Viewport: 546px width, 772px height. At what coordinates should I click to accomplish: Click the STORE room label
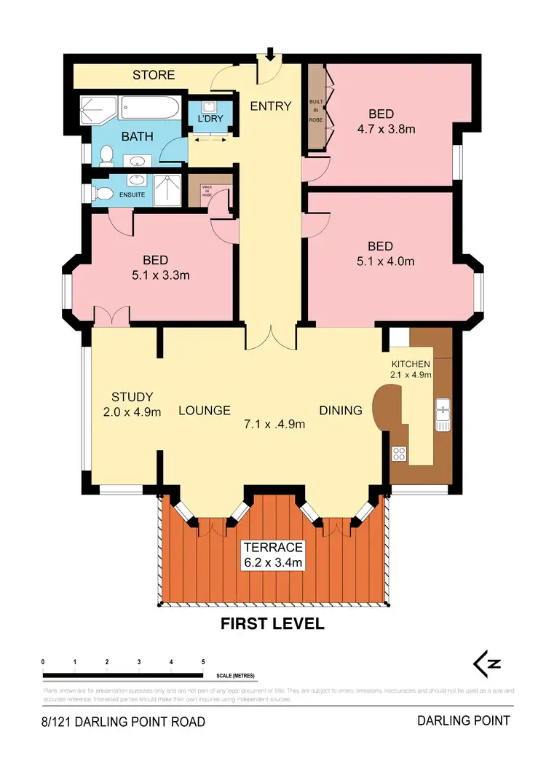(x=154, y=75)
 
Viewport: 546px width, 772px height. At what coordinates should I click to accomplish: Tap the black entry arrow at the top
(x=270, y=54)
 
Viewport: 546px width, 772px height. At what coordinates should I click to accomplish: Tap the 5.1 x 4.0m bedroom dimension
(x=381, y=261)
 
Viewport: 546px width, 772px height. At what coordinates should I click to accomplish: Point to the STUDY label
(x=132, y=397)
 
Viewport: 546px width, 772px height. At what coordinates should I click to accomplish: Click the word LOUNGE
(x=205, y=410)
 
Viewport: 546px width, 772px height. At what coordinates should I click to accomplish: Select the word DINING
(x=341, y=410)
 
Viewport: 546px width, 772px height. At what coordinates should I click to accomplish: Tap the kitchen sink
(x=443, y=416)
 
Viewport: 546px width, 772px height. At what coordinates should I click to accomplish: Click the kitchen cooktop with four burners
(x=399, y=453)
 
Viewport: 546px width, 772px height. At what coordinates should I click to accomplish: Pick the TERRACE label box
(x=273, y=555)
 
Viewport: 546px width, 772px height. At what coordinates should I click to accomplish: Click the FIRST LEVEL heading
(x=273, y=624)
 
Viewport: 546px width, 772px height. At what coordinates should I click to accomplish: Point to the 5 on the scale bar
(x=203, y=662)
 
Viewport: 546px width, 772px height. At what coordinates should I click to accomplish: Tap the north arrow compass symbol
(x=487, y=663)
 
